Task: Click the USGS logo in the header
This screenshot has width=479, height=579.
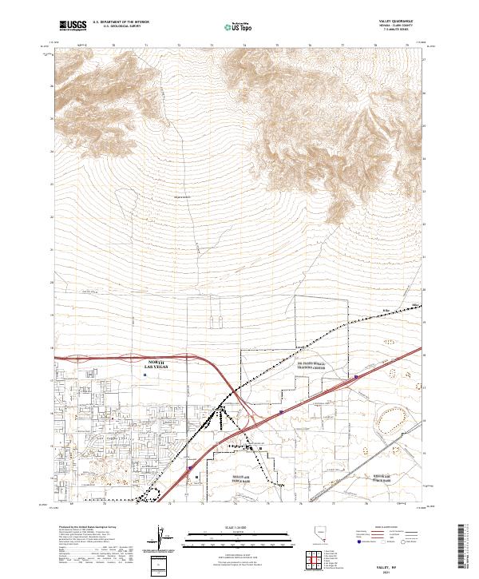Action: [x=73, y=26]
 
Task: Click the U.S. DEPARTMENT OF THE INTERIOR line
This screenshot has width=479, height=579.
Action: [x=121, y=22]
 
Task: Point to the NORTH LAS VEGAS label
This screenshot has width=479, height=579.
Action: [x=156, y=363]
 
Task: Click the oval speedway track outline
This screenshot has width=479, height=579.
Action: [x=393, y=415]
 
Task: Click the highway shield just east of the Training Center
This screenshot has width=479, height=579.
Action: [x=357, y=375]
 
